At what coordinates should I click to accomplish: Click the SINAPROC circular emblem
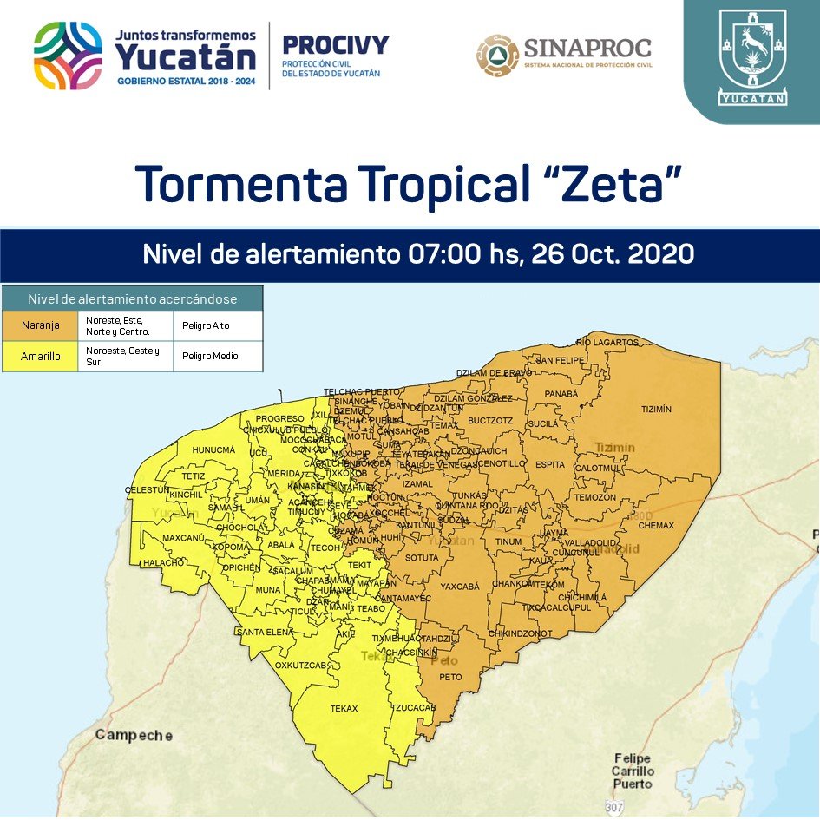point(497,56)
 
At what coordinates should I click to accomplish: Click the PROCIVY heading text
point(336,44)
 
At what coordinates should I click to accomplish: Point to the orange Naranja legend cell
point(40,326)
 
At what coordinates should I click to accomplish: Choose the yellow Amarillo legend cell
point(40,356)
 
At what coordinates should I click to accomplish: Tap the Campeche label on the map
point(134,735)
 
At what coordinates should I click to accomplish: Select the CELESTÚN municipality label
point(148,490)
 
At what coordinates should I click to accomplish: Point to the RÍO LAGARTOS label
point(606,343)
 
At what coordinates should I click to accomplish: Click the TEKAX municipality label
point(344,709)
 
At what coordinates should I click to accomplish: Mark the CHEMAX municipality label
point(657,525)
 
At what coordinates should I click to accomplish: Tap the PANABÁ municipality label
point(561,394)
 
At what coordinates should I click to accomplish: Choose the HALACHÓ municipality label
point(164,562)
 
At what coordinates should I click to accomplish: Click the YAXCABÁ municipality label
point(459,587)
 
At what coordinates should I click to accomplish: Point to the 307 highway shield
point(614,808)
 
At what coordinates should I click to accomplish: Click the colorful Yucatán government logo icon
point(68,56)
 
